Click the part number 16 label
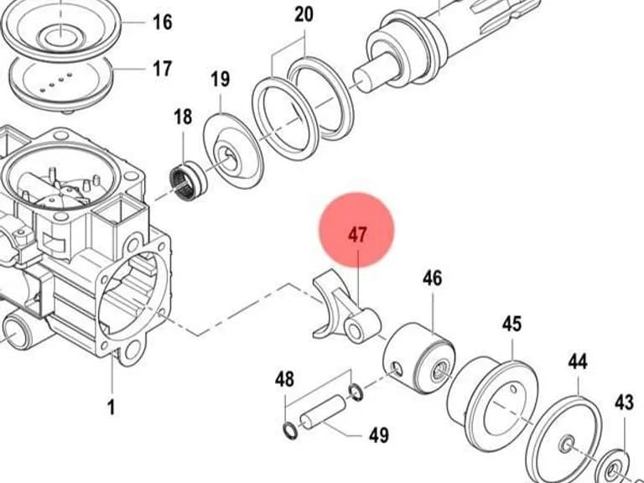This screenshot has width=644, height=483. click(162, 21)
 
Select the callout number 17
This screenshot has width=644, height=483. click(162, 69)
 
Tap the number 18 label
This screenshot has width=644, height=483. click(183, 117)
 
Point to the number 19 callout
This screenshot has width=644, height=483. click(221, 79)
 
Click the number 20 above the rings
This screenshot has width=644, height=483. click(304, 15)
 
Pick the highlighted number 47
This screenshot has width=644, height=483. click(357, 235)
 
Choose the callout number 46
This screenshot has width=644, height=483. click(433, 278)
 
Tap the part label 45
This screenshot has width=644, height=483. click(512, 324)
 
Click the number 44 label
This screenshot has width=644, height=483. click(578, 362)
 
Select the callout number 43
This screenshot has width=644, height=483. click(624, 402)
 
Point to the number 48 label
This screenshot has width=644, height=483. click(284, 379)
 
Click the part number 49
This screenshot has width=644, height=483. click(379, 435)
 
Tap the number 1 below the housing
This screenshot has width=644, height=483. click(112, 408)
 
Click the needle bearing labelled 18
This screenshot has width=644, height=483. click(188, 181)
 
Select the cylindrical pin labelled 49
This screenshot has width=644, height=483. click(323, 412)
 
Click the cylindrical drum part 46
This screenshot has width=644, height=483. click(418, 357)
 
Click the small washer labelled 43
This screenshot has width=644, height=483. click(614, 467)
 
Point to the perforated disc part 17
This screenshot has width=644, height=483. click(60, 84)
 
